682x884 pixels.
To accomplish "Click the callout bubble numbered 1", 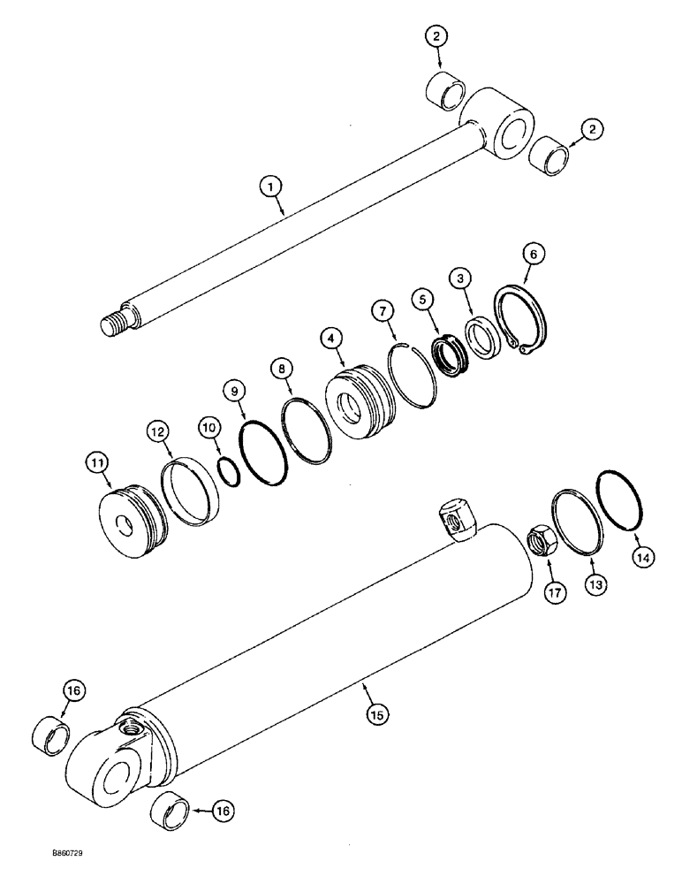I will pyautogui.click(x=271, y=187).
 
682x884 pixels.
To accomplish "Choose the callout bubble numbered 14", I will pyautogui.click(x=642, y=558).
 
